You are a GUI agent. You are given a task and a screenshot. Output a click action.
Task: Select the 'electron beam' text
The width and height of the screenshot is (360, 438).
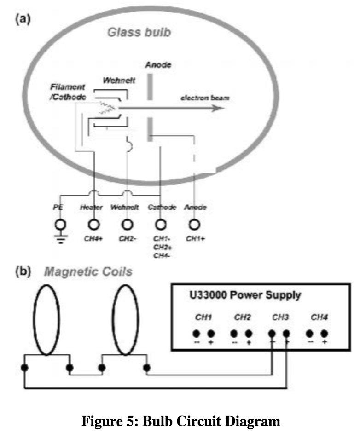click(205, 98)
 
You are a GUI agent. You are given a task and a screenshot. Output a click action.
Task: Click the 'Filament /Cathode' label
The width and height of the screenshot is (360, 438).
click(68, 91)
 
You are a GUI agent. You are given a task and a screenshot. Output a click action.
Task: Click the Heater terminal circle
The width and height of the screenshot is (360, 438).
click(93, 225)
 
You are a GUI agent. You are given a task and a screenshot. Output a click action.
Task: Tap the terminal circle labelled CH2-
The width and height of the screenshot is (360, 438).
click(126, 225)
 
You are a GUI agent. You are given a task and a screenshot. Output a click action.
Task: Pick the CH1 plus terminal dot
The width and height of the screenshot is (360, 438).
click(212, 333)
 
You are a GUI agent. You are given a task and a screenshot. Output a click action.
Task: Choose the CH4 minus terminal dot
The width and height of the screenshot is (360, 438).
click(310, 333)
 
